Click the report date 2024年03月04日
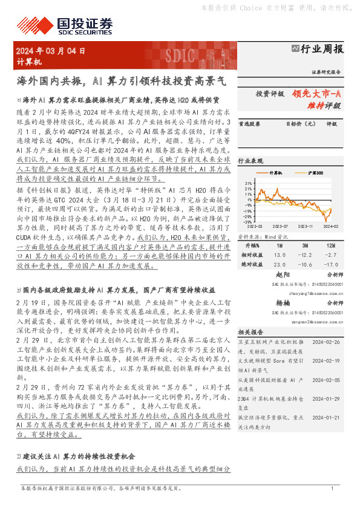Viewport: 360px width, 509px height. [x=51, y=51]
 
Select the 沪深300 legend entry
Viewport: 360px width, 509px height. [x=314, y=172]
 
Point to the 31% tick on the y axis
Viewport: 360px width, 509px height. [x=248, y=182]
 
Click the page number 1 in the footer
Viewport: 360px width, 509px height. [x=333, y=488]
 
